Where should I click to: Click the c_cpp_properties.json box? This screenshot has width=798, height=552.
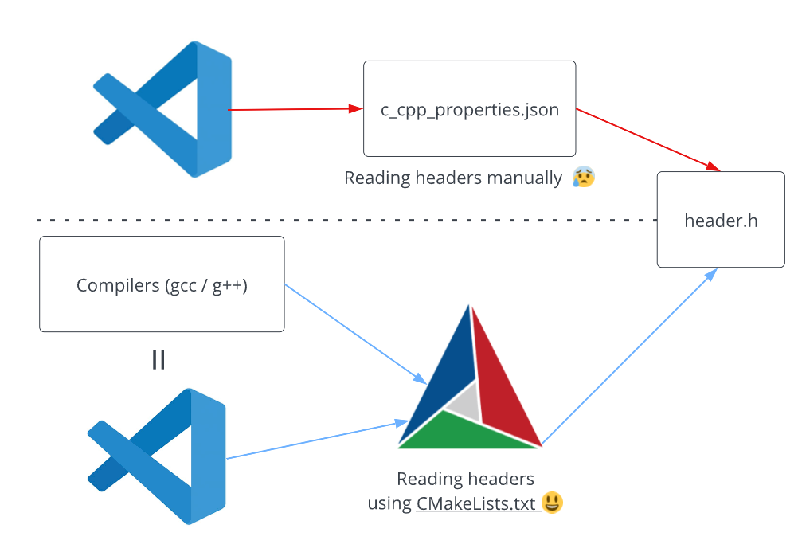coord(469,108)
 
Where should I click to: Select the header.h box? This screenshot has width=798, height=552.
coord(721,220)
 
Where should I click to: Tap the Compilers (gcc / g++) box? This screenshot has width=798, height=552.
coord(162,284)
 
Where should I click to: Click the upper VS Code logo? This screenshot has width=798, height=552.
coord(162,109)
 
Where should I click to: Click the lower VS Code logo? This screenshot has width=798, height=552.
coord(157,456)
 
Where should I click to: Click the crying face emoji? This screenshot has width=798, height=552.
coord(584,177)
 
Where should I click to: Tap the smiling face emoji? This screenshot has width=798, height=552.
coord(552,503)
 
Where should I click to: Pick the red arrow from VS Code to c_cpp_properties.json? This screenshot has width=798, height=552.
coord(295,109)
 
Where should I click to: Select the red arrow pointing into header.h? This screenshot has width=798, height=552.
coord(648,140)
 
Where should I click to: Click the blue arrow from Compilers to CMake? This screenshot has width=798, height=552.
coord(356,334)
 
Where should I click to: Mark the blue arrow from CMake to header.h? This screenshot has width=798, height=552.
coord(629,357)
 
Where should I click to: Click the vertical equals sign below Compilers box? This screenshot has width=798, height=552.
coord(158,360)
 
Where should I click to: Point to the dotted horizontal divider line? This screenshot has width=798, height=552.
coord(346,221)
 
